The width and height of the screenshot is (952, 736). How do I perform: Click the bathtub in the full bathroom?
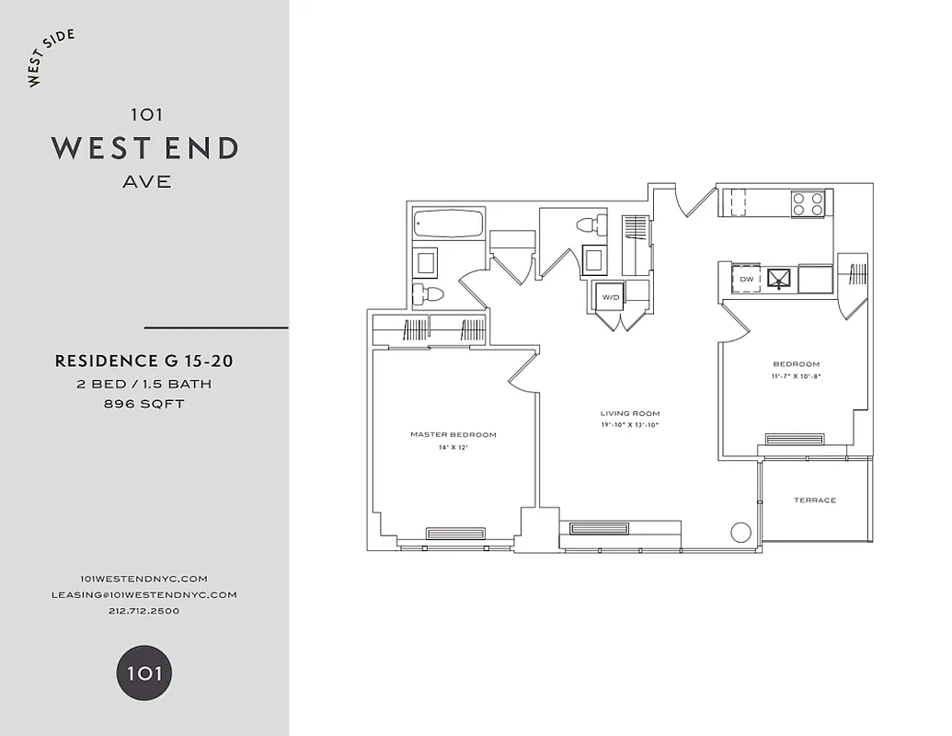click(448, 224)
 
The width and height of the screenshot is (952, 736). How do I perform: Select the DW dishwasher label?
click(746, 278)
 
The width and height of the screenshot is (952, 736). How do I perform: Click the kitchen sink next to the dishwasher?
click(780, 278)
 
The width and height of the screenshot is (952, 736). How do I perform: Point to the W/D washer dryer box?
click(609, 297)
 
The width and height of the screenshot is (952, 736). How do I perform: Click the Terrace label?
click(815, 500)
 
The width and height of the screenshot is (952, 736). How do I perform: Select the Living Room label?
click(630, 413)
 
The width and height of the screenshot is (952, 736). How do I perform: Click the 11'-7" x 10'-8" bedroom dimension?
click(797, 376)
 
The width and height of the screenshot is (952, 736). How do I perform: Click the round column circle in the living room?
click(740, 532)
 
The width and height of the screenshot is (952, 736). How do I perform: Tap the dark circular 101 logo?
click(143, 673)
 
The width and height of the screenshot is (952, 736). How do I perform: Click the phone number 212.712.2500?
click(144, 610)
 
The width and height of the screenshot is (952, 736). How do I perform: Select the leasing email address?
click(144, 594)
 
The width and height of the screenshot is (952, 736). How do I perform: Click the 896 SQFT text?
click(144, 404)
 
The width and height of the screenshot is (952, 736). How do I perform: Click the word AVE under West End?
click(146, 181)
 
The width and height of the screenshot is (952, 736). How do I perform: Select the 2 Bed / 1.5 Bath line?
click(144, 384)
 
